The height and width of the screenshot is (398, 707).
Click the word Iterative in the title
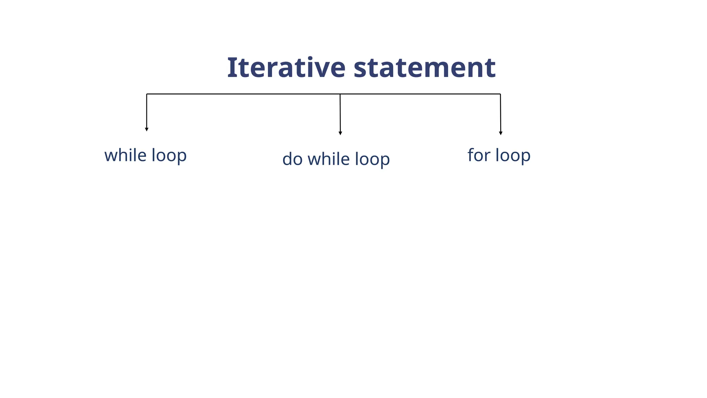pos(286,67)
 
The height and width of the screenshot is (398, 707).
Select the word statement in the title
pos(425,67)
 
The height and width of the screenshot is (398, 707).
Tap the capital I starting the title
pos(231,67)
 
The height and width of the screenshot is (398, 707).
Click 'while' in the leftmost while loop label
pos(125,155)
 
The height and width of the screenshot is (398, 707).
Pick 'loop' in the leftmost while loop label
pos(169,156)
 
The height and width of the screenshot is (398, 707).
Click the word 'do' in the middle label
pos(292,159)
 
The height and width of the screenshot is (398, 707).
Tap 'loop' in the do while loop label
pos(372,160)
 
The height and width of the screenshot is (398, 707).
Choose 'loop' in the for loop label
pos(513,156)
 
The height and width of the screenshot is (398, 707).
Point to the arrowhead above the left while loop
pos(147,130)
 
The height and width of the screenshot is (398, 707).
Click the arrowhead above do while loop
pos(340,133)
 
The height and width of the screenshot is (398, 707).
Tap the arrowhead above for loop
pos(501,133)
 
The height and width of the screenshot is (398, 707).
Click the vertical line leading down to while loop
pos(147,111)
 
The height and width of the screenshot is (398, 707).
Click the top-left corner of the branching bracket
pos(147,94)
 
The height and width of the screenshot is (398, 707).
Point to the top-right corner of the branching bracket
pos(501,94)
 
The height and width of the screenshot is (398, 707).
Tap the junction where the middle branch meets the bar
pos(340,94)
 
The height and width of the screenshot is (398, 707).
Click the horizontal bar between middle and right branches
pos(420,94)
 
